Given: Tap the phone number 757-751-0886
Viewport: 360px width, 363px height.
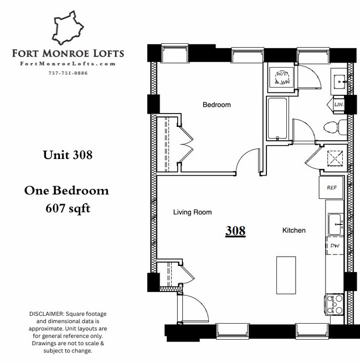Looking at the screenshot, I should [x=68, y=73].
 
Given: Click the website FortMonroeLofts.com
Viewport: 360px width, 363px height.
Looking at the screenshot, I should [x=68, y=64].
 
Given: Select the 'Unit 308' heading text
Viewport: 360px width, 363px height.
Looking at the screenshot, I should [x=68, y=155].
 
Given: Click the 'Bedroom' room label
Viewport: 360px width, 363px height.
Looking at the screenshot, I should [x=217, y=105].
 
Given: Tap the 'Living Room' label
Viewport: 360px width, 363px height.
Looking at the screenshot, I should [x=192, y=212].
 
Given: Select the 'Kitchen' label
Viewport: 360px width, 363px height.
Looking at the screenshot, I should [x=294, y=230].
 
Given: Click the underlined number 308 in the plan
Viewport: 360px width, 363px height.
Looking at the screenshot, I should [x=235, y=231].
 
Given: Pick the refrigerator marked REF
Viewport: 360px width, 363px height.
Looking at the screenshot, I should [x=332, y=187].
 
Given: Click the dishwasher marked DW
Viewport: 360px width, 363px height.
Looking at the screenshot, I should [x=334, y=245].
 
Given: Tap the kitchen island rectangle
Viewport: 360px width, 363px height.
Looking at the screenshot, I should [x=286, y=275].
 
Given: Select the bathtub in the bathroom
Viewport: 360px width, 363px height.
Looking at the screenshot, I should [x=277, y=119].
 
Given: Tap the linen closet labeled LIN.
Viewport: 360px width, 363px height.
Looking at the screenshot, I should [x=339, y=104].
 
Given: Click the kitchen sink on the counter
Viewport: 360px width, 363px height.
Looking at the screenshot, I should [x=335, y=224].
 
